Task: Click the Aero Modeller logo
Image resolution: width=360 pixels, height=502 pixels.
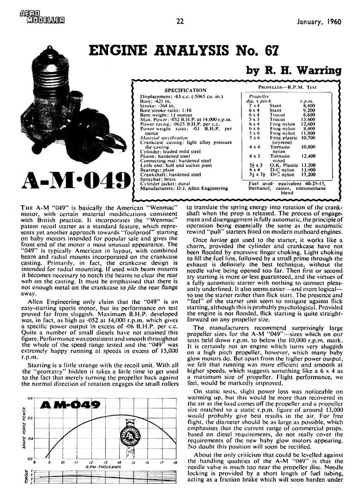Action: coord(42,17)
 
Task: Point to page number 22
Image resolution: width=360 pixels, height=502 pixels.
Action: coord(180,21)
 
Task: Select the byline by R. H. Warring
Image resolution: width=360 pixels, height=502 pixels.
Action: coord(294,71)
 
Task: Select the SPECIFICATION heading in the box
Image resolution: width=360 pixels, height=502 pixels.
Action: coord(185,90)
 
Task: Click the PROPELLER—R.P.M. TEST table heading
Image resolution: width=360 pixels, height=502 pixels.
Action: coord(288,88)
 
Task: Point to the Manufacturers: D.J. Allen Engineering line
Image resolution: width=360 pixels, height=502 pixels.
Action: coord(184,188)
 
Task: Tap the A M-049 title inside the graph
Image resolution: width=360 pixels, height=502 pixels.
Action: coord(71,405)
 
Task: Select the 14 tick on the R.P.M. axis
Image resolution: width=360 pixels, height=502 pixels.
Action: coord(119,462)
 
